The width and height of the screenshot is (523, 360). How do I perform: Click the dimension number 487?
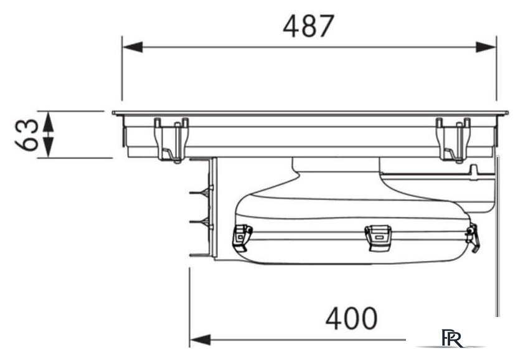coord(308,26)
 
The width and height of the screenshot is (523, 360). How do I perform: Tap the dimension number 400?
coord(351,318)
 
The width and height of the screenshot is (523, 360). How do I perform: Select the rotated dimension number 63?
coord(27,135)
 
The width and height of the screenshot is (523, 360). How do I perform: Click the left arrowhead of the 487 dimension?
coord(133,47)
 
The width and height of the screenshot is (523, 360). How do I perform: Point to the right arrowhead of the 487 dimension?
coord(486,47)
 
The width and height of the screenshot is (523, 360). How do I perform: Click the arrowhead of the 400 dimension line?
coord(200,340)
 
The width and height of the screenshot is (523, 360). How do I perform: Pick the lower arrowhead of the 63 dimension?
coord(49,148)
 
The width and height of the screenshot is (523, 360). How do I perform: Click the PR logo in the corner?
coord(452,338)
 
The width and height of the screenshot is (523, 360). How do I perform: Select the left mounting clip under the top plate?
coord(171,140)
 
